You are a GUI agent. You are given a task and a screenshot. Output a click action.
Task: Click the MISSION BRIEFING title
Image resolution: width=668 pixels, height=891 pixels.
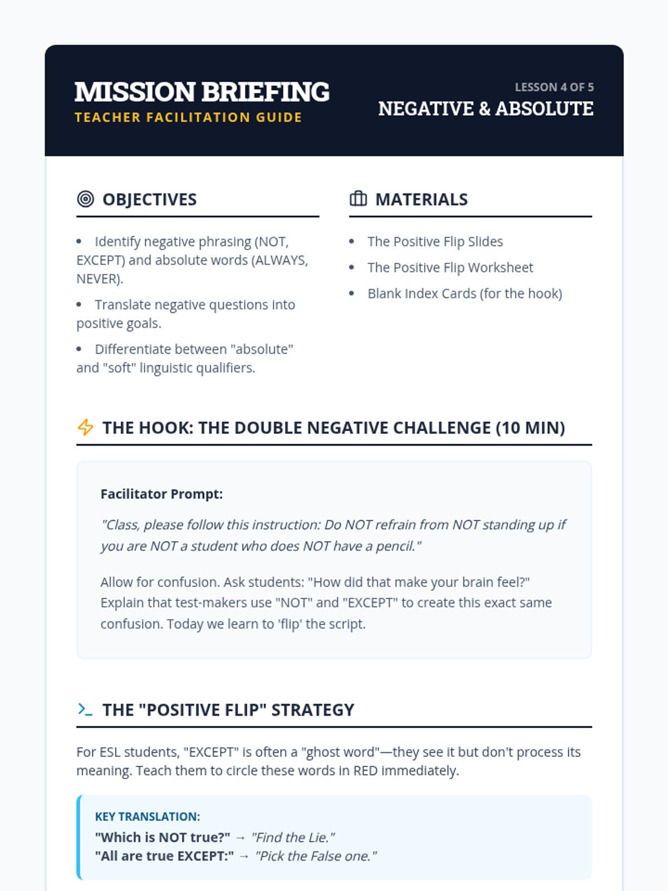[202, 92]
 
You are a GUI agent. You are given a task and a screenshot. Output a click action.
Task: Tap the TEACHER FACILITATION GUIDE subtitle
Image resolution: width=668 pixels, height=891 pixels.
[188, 118]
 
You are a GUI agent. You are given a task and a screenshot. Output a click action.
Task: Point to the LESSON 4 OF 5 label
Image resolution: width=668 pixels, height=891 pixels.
[554, 87]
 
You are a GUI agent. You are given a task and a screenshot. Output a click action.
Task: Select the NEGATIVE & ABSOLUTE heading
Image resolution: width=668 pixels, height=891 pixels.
[485, 109]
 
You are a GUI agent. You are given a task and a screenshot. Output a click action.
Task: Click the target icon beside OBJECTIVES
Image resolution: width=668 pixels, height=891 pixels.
[85, 199]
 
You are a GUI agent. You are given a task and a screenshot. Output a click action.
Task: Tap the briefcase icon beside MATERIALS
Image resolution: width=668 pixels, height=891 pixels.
[358, 199]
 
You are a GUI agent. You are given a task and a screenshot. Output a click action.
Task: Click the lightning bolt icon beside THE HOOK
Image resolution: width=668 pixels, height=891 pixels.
[85, 427]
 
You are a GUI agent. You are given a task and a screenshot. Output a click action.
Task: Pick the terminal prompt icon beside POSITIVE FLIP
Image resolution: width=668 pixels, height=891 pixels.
[85, 709]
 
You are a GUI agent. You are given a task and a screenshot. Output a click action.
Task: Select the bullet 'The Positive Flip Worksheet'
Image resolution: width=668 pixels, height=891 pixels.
[450, 268]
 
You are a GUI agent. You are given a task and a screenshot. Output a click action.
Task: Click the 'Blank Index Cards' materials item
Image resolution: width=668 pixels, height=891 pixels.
[464, 293]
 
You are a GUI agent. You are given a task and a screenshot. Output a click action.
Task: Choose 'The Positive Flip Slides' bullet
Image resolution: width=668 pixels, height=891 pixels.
[435, 242]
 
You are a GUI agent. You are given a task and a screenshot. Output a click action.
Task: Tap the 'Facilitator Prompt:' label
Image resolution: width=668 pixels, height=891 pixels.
[161, 494]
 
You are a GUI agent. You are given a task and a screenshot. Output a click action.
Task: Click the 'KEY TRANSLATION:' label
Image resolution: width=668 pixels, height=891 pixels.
[148, 816]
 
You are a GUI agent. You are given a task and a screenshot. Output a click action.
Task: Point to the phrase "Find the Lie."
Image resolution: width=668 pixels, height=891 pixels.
[293, 838]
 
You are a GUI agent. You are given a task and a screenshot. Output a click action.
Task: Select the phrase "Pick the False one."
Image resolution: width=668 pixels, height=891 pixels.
[316, 856]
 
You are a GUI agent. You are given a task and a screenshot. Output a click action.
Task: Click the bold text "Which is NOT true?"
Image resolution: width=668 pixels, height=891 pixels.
[163, 838]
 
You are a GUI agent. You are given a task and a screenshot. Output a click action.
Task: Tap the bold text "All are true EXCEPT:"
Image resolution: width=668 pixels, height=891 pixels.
[164, 856]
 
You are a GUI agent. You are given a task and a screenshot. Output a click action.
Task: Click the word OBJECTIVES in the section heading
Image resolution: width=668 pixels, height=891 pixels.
[149, 199]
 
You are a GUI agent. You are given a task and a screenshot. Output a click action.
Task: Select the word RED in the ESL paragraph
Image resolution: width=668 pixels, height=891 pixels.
[365, 771]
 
